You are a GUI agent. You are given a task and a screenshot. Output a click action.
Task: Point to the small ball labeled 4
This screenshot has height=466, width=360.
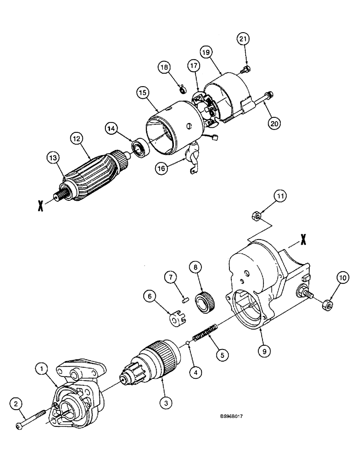(x=188, y=344)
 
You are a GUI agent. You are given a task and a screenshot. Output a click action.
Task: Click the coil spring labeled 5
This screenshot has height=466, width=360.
(x=206, y=334)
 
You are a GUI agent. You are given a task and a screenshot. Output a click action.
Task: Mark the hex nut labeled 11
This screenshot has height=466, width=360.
(x=256, y=215)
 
